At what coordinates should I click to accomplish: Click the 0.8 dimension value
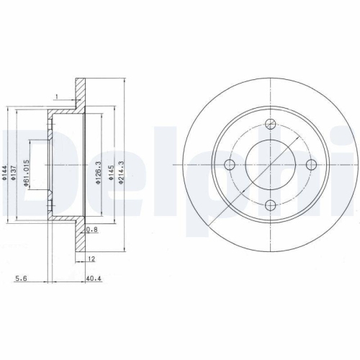pos(91,230)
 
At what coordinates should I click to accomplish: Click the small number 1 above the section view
pos(56,94)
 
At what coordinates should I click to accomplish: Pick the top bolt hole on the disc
pos(271,123)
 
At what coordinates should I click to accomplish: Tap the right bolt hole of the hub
pos(312,165)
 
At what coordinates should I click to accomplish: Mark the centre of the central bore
pos(271,165)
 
